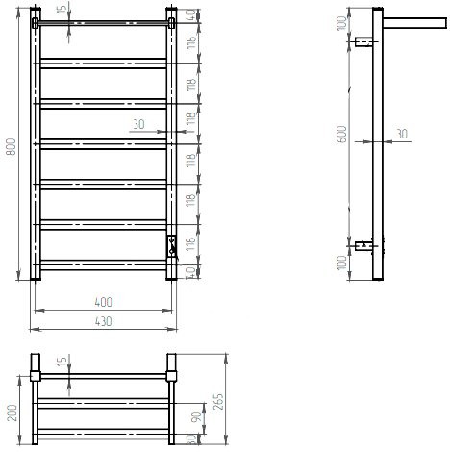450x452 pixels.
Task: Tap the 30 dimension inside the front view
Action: click(138, 124)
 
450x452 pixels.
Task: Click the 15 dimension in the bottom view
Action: click(61, 363)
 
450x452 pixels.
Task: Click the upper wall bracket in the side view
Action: click(363, 42)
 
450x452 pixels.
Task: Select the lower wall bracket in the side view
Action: click(363, 246)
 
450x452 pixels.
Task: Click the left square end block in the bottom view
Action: click(35, 367)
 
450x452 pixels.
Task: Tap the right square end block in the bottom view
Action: click(173, 367)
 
